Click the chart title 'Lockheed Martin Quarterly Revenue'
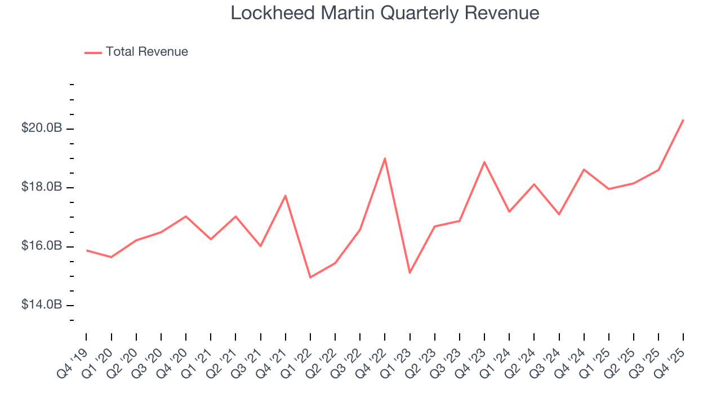(x=385, y=13)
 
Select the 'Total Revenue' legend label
(x=146, y=52)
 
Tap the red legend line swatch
(x=93, y=52)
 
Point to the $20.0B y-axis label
(x=41, y=129)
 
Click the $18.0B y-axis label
(x=41, y=187)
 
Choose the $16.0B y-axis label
(x=41, y=246)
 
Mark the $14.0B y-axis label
(x=41, y=305)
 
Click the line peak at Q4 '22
(x=385, y=158)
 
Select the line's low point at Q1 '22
(x=310, y=277)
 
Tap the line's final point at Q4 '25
(x=683, y=120)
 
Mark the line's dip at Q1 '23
(x=410, y=273)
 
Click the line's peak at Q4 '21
(x=286, y=196)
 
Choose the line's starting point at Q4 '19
(x=86, y=250)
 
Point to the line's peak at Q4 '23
(x=484, y=162)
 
